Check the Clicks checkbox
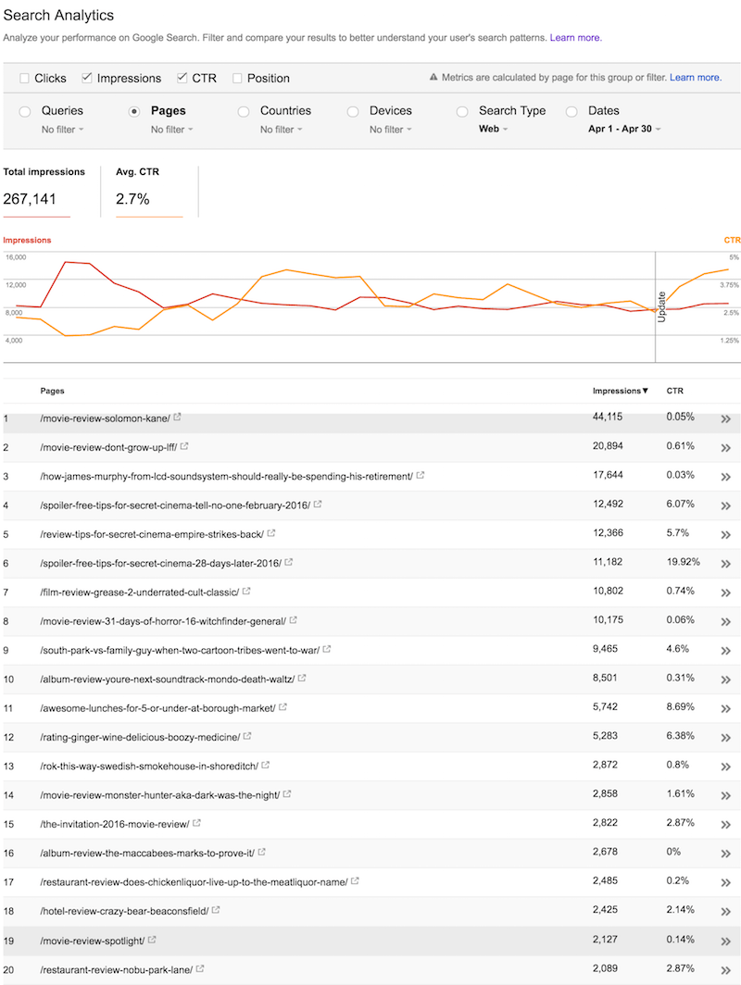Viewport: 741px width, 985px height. pos(24,79)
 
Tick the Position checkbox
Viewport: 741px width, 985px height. pos(238,79)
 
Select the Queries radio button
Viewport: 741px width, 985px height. pos(25,111)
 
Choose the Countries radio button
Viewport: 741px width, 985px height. pos(244,111)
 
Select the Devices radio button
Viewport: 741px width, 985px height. pos(353,111)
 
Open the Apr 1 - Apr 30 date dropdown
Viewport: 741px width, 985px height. pos(624,130)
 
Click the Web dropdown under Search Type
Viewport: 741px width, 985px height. pos(493,130)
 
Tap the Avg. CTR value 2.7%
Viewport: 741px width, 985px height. pos(132,199)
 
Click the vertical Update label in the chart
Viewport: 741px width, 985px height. pos(662,305)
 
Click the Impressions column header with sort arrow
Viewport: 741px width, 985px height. pos(621,391)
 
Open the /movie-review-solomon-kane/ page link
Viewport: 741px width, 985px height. pos(105,418)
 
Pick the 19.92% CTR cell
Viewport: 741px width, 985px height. pos(683,562)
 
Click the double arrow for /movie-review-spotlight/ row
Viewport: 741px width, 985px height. pos(726,941)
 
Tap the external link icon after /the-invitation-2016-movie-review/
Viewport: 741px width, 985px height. pos(197,824)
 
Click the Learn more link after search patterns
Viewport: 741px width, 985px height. pos(575,38)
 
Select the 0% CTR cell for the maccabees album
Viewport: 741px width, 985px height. pos(673,853)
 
